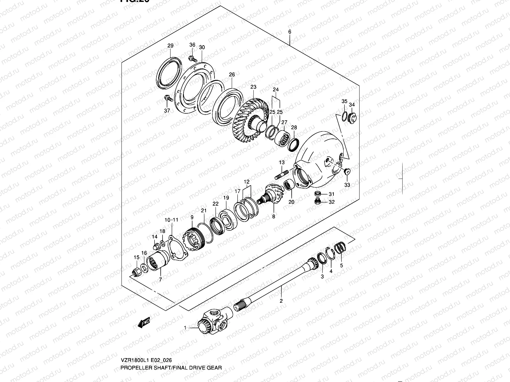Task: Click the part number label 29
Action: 170,46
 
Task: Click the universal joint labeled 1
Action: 212,323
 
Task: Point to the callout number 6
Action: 289,32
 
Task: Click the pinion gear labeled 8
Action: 271,196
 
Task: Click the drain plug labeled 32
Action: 317,201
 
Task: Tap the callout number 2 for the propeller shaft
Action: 281,301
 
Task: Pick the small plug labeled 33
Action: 347,172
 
